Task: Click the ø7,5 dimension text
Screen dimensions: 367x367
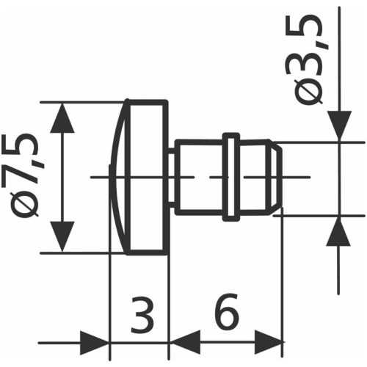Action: [26, 176]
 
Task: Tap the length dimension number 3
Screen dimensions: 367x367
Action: [144, 316]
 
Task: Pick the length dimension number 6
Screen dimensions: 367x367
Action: [228, 316]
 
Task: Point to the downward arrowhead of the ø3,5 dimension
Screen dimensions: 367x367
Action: [339, 126]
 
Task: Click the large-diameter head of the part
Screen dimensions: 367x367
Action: [147, 177]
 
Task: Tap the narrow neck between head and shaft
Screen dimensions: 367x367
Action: [172, 177]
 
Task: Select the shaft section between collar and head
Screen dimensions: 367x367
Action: [200, 177]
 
